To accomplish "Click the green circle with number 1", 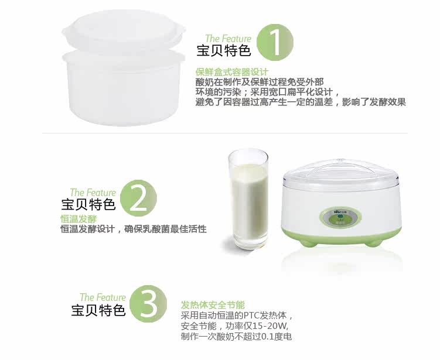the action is tap(275, 42).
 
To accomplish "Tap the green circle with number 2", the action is tap(139, 198).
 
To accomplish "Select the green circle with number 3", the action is tap(148, 304).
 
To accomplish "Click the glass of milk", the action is tap(248, 199).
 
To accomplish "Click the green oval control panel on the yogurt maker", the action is tap(340, 218).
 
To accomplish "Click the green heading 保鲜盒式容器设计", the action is tap(232, 72).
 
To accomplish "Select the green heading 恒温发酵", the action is tap(79, 219).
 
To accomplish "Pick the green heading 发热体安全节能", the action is tap(213, 305).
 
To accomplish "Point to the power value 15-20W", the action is tap(270, 326).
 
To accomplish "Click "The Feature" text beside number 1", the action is tap(228, 39).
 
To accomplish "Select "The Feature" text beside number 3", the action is tap(103, 297).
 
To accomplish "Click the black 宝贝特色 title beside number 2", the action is tap(88, 204).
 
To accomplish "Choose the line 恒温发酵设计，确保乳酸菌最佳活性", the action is tap(134, 229).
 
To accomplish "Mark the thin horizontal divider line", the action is tap(225, 133).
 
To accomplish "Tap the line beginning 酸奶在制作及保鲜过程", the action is tap(260, 82).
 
